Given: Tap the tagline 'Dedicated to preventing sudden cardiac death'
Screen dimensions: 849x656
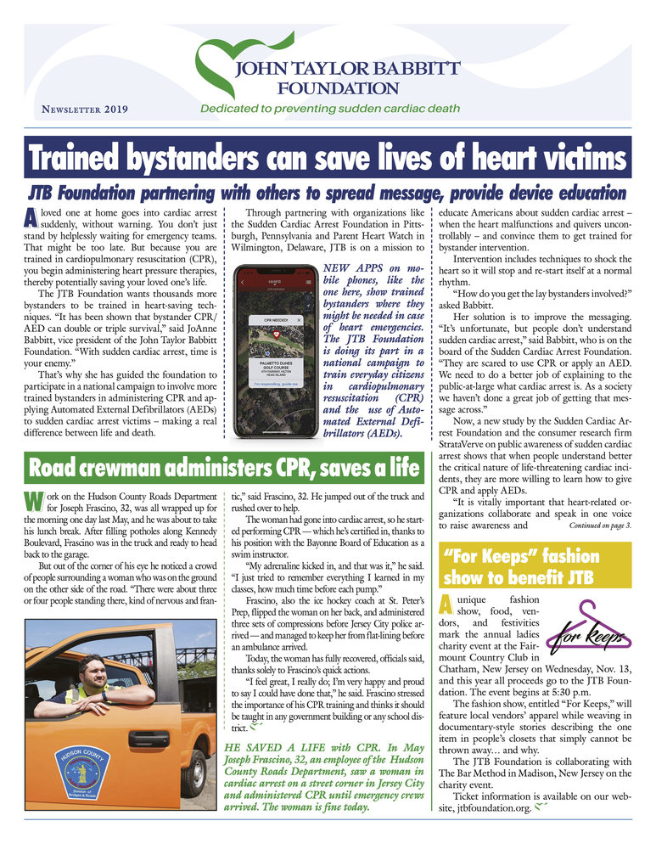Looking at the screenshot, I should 329,109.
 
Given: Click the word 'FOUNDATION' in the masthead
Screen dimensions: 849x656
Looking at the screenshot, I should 338,87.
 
